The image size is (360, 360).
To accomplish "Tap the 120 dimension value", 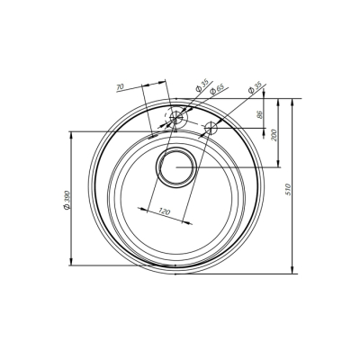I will pyautogui.click(x=165, y=211).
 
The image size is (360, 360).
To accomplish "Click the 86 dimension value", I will pyautogui.click(x=259, y=115).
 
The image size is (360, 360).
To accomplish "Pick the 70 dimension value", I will pyautogui.click(x=121, y=87).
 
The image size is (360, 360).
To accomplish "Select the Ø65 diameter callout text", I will pyautogui.click(x=216, y=89).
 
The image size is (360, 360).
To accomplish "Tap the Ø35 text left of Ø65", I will pyautogui.click(x=200, y=88).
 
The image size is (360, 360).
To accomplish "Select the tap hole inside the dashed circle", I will pyautogui.click(x=177, y=117).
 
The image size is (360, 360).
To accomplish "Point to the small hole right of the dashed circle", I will pyautogui.click(x=211, y=128).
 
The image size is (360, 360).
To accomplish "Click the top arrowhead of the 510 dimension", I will pyautogui.click(x=293, y=100).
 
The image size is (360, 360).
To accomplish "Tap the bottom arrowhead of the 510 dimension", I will pyautogui.click(x=293, y=271).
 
